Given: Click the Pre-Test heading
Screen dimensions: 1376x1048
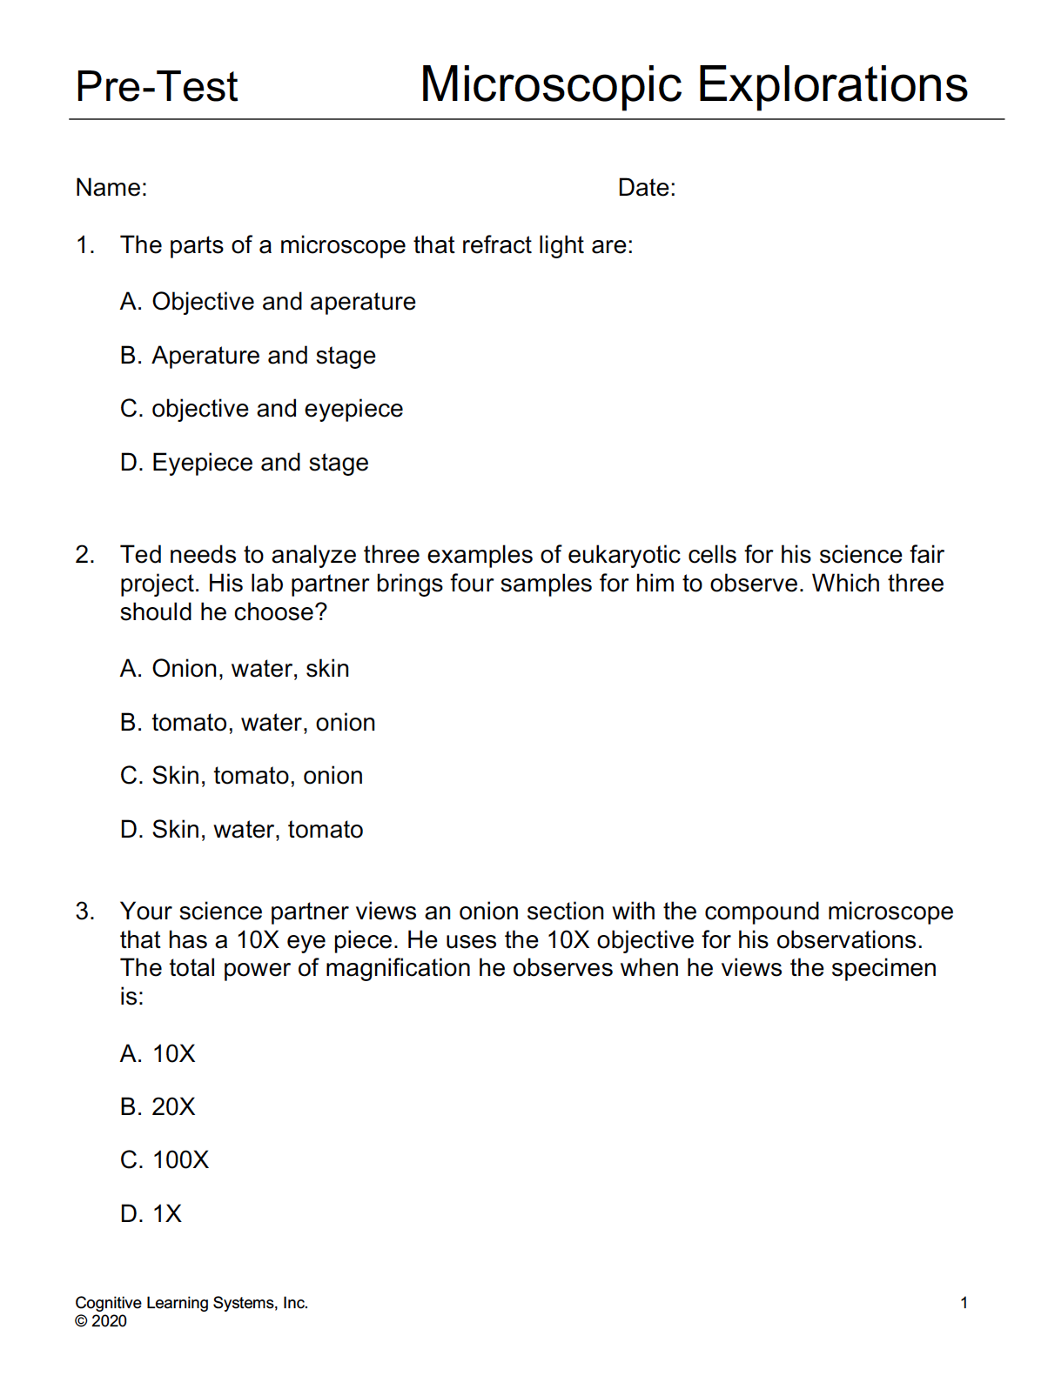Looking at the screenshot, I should [x=157, y=87].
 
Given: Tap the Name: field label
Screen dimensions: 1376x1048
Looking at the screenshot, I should [x=111, y=188].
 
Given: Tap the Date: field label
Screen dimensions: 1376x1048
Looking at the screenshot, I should [x=647, y=188].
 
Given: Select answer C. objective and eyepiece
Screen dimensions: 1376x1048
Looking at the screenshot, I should [x=261, y=409].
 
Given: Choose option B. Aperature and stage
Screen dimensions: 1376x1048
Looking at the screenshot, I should [x=248, y=356].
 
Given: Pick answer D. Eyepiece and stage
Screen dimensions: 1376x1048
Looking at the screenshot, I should [x=245, y=463].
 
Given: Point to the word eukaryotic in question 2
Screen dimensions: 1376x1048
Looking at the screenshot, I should [x=623, y=555].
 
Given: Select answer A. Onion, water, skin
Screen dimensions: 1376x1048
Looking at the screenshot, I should [x=235, y=669].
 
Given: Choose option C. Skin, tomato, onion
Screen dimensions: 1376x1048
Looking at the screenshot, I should [x=242, y=776].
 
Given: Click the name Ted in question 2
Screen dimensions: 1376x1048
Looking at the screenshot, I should [x=140, y=555].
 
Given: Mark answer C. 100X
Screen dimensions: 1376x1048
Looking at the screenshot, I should [x=165, y=1160].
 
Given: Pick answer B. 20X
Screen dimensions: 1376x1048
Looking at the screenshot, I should [x=158, y=1107].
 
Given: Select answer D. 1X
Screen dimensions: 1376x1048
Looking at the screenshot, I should [x=151, y=1214].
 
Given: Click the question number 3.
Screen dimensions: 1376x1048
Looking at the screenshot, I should [x=84, y=912].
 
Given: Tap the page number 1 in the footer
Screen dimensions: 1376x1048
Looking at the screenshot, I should [x=964, y=1303].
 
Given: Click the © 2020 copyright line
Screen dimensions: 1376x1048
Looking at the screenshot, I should [x=101, y=1321].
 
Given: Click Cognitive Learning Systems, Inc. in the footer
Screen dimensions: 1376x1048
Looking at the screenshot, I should [x=191, y=1303].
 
